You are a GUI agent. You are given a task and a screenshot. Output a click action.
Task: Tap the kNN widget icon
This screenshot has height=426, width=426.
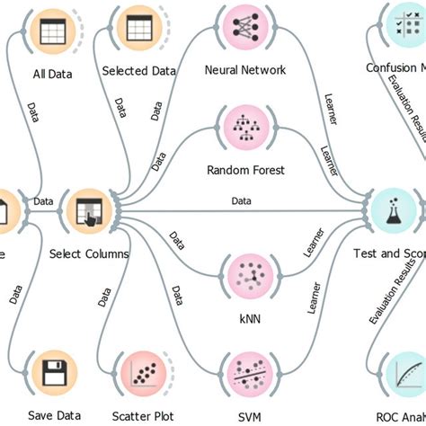coord(245,273)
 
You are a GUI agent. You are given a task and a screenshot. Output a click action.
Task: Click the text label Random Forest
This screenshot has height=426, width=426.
coord(245,170)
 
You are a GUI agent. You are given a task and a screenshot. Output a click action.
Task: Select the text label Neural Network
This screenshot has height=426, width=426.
coord(245,70)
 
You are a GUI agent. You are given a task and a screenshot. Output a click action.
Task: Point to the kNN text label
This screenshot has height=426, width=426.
coord(245,316)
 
